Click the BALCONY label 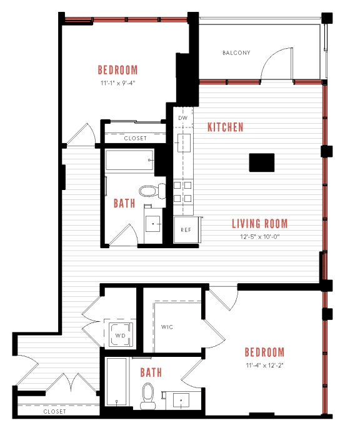click(x=236, y=53)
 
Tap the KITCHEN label click(x=226, y=127)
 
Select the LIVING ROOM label click(x=260, y=224)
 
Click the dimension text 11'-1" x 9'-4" click(x=117, y=82)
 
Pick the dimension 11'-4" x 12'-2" click(x=264, y=366)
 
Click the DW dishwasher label click(x=183, y=117)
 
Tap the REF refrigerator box click(x=186, y=229)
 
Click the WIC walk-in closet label click(x=167, y=327)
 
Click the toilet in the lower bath click(x=149, y=395)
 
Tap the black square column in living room click(x=261, y=162)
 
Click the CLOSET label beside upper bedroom click(x=135, y=138)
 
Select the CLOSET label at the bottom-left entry click(x=54, y=412)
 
